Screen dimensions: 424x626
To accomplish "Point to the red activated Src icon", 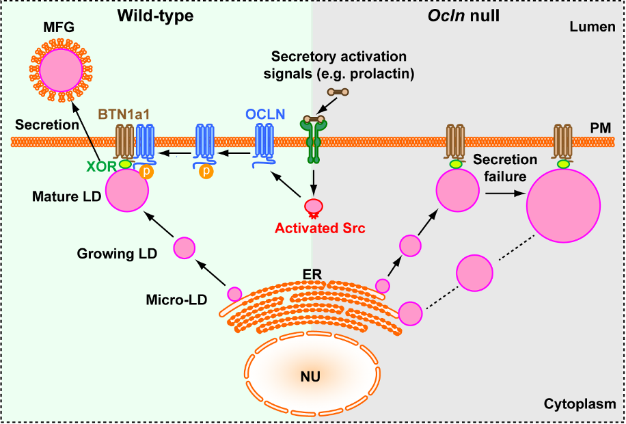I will click(x=315, y=207).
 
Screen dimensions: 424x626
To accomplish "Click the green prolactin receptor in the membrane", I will click(x=314, y=140).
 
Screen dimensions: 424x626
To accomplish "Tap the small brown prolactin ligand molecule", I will click(x=338, y=92).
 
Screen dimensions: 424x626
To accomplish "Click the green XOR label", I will click(x=102, y=165).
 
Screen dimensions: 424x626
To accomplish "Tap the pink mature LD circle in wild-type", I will click(x=126, y=191).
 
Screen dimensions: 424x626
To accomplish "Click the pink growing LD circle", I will click(x=185, y=249).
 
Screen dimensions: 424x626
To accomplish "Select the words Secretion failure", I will click(x=505, y=168).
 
